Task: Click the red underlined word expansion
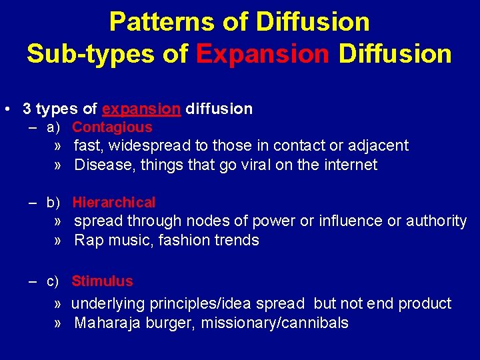141,109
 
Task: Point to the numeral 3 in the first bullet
27,109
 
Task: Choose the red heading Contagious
112,127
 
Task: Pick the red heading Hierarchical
113,203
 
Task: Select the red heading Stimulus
102,281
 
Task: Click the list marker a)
53,127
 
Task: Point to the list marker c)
53,281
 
